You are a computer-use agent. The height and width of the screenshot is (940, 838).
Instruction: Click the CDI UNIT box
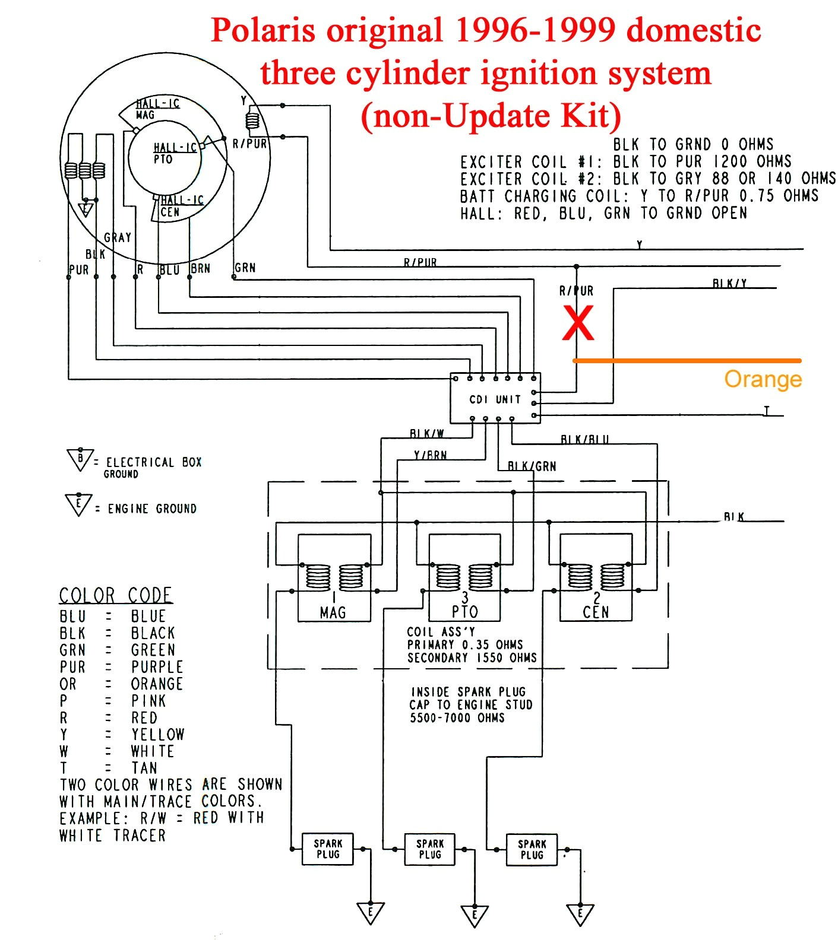(495, 399)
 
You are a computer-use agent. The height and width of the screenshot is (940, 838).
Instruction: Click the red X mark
(577, 323)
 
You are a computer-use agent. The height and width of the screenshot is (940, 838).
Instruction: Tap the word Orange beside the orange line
(763, 379)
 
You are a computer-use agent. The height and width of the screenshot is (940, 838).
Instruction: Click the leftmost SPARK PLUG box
(328, 849)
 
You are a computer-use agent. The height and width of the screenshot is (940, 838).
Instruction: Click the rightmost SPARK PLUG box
(532, 849)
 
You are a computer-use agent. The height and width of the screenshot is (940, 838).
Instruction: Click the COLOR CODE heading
(116, 595)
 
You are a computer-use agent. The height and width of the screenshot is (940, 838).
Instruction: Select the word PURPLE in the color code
(157, 667)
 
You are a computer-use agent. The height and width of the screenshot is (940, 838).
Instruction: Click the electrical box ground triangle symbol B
(80, 459)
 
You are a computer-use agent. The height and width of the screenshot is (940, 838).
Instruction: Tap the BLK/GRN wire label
(532, 466)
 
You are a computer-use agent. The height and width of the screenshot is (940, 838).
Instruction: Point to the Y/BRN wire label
(430, 456)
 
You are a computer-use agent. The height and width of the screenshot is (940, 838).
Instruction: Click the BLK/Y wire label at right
(729, 284)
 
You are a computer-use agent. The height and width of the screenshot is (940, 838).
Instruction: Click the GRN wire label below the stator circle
(245, 268)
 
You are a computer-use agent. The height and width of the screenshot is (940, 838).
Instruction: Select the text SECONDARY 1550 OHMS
(472, 658)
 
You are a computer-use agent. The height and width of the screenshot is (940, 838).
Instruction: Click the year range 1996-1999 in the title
(535, 30)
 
